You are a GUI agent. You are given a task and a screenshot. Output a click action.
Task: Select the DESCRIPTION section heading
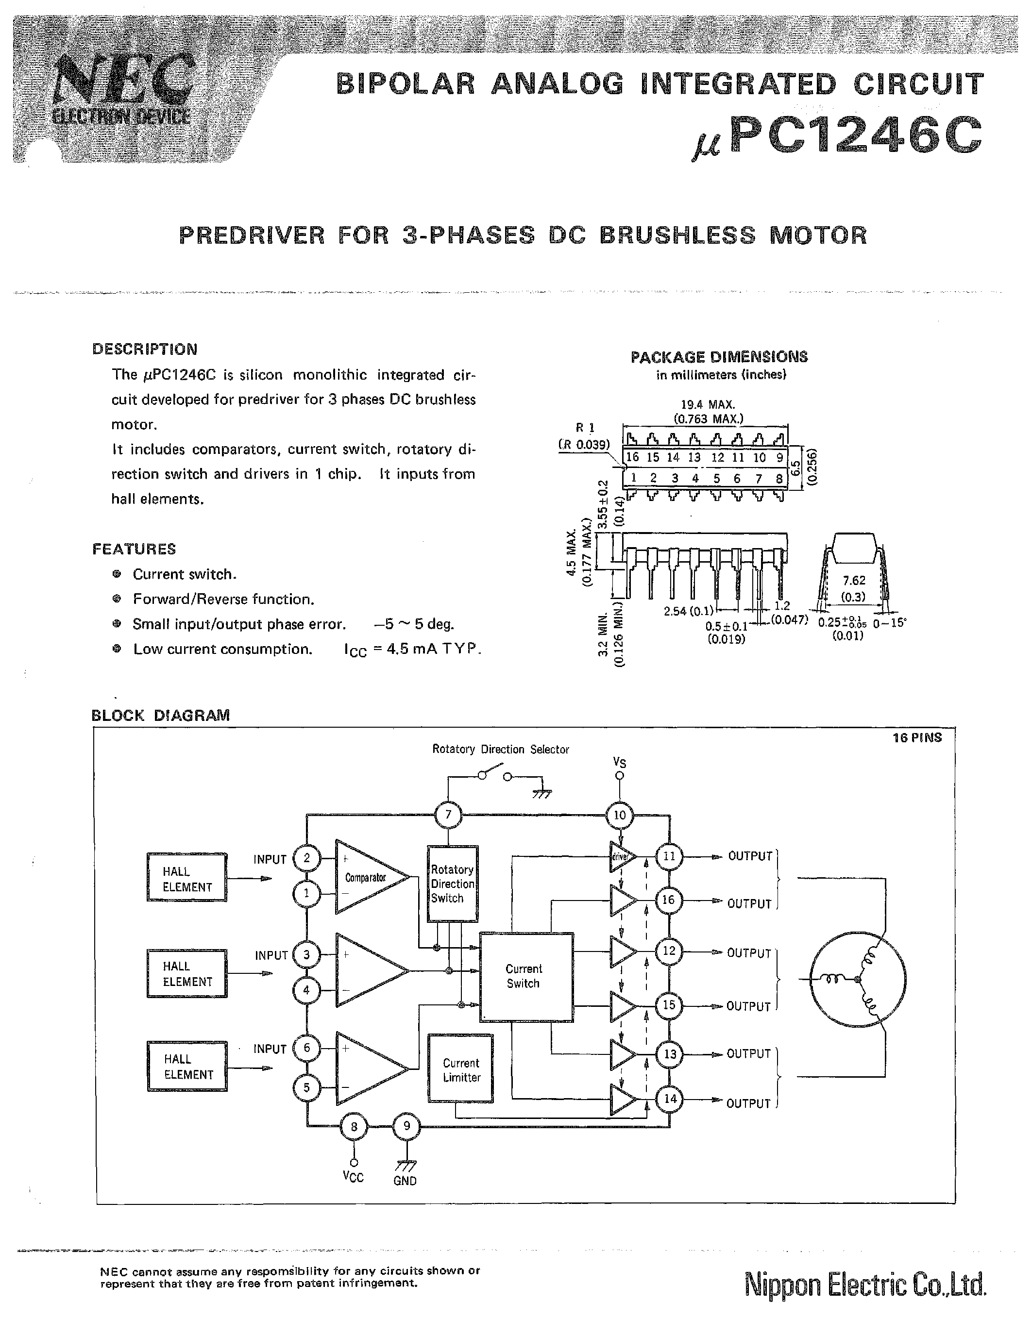pos(145,349)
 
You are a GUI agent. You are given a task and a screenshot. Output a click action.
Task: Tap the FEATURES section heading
pos(134,549)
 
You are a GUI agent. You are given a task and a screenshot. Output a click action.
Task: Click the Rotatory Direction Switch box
pos(453,883)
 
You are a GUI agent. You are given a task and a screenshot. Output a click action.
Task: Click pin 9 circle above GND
pos(406,1126)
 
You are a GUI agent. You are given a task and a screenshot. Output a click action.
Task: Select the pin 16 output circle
pos(669,900)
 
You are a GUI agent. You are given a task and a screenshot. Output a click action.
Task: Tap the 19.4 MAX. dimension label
pos(708,405)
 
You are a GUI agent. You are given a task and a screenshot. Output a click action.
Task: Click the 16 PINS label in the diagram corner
pos(917,738)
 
